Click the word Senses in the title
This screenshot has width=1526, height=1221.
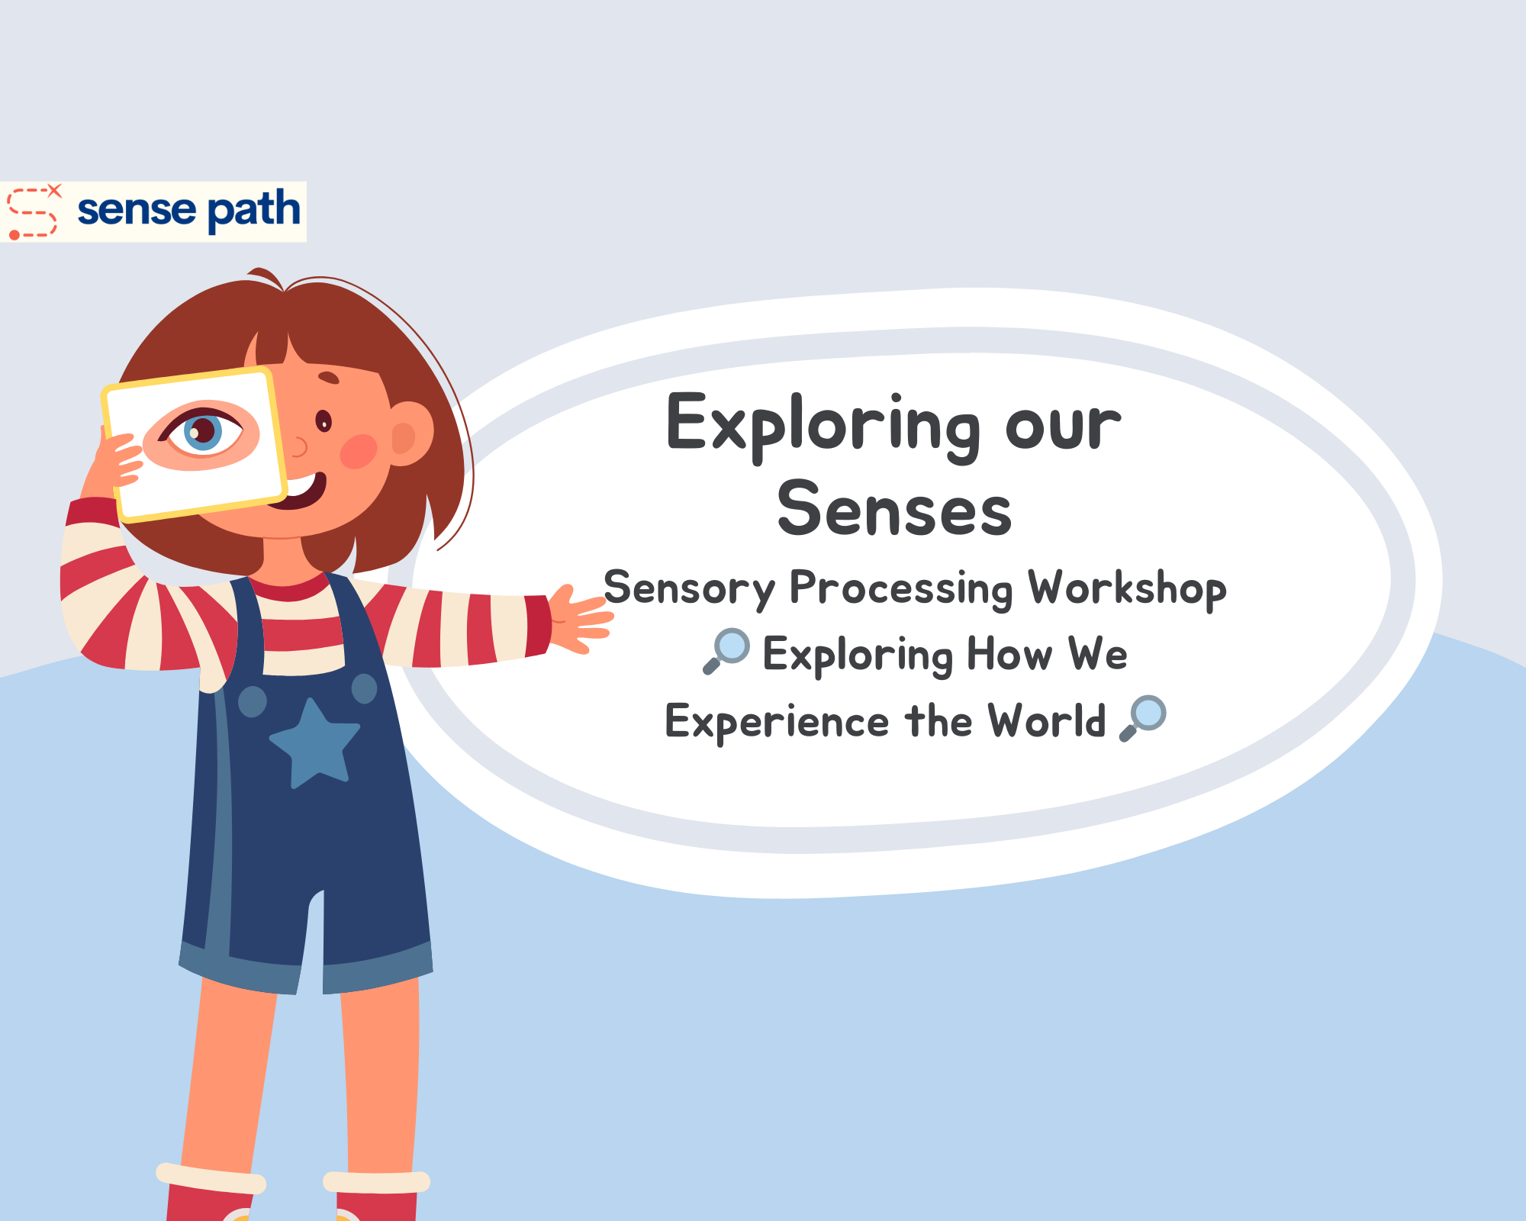pos(894,510)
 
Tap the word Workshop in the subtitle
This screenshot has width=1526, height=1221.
pos(1127,588)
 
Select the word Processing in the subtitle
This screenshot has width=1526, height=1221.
pos(900,590)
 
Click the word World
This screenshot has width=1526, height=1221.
pos(1046,720)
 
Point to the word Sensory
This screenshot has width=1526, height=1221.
pos(688,590)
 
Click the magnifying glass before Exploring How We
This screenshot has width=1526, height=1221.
pos(726,650)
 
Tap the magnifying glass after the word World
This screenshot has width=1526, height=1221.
pos(1142,717)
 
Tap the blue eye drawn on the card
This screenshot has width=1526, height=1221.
pos(203,432)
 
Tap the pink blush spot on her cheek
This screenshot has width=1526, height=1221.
pos(358,451)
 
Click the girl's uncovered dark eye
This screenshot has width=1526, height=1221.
pos(324,420)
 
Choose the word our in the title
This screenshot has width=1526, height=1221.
pos(1062,426)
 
